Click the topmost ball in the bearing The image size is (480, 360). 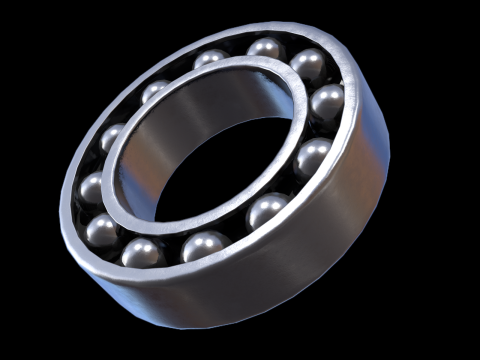point(267,48)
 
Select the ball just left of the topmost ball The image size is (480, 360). point(211,59)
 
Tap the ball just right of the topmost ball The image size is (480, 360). point(309,66)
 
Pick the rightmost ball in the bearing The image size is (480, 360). point(327,103)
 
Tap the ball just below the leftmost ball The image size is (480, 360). point(102,230)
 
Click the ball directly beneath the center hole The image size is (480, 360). point(206,246)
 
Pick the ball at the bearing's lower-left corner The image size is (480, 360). point(143,251)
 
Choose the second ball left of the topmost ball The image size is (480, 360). point(155,92)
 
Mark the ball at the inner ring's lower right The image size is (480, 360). point(266,211)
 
